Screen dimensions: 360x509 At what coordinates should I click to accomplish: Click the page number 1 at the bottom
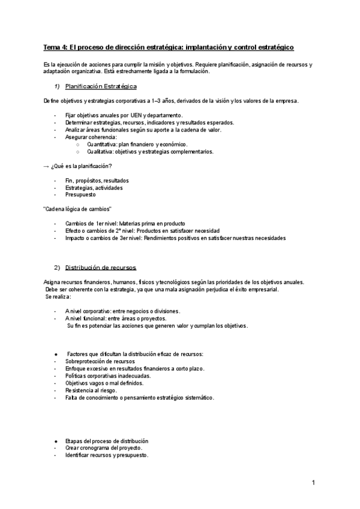tap(313, 482)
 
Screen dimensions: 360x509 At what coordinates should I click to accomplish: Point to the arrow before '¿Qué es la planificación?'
tap(47, 166)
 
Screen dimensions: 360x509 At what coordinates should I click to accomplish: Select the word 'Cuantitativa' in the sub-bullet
tap(102, 144)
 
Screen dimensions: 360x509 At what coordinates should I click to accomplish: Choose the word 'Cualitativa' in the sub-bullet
tap(101, 151)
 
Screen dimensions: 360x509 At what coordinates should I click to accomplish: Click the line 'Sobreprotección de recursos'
tap(100, 361)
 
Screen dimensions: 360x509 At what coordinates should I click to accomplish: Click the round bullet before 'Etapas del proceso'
tap(56, 441)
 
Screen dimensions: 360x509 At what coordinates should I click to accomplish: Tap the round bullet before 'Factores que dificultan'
tap(56, 354)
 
